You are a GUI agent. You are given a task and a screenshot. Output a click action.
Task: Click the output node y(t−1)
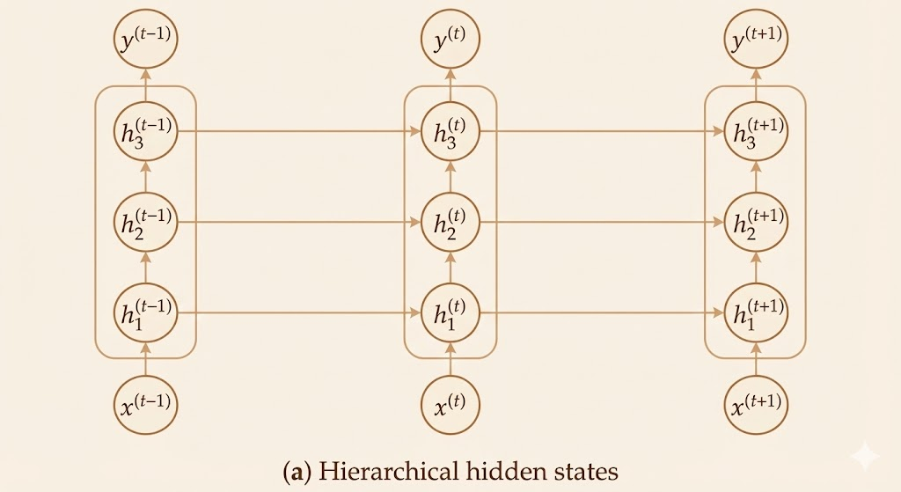point(145,39)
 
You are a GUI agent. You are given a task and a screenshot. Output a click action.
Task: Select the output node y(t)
point(450,39)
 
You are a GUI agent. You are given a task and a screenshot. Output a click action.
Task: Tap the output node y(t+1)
point(755,39)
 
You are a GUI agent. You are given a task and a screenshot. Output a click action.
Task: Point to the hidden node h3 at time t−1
point(145,132)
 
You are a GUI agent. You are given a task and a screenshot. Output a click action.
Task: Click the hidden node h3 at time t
point(450,132)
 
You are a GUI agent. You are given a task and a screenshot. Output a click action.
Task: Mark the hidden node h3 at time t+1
point(755,132)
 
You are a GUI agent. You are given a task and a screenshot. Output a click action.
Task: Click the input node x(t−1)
point(145,406)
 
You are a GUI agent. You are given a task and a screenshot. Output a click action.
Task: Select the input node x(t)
point(450,406)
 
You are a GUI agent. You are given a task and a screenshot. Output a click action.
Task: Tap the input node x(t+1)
point(755,406)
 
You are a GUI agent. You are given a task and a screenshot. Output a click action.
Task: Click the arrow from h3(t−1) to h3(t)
point(299,132)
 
